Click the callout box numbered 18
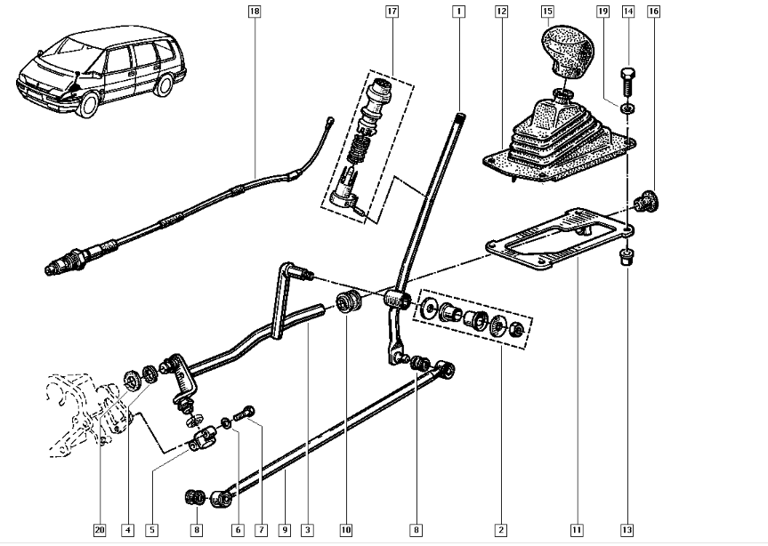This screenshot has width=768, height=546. pos(255,12)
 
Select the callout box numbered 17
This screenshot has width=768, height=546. pos(392,12)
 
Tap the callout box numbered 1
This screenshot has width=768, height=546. pos(457,12)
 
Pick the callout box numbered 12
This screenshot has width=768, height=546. pos(501,12)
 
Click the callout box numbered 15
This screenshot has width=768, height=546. pos(547,12)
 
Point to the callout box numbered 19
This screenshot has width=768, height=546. pos(602,12)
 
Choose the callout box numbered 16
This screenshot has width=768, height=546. pos(653,12)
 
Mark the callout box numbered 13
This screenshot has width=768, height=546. pos(627,530)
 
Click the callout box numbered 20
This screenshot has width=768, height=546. pos(100,530)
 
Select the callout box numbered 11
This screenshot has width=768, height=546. pos(576,530)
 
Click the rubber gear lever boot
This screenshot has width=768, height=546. pos(556,138)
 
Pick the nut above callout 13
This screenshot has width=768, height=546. pos(626,259)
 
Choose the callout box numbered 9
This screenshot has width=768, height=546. pos(284,530)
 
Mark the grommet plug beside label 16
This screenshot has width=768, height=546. pos(647,202)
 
